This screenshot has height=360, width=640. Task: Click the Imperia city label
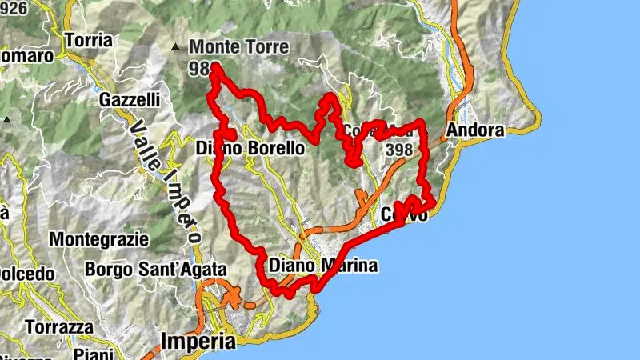coord(199,342)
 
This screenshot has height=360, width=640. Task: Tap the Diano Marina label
coord(323,266)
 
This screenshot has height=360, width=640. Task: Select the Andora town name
coord(477,130)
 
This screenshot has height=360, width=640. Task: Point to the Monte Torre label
coord(238,48)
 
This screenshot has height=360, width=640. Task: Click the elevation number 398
coord(398,150)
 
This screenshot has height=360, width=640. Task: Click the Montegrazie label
coord(99,238)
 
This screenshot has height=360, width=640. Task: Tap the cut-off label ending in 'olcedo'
coord(27,273)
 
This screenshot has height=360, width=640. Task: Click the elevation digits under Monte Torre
coord(199,69)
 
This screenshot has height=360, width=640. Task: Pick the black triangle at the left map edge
coord(7,119)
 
